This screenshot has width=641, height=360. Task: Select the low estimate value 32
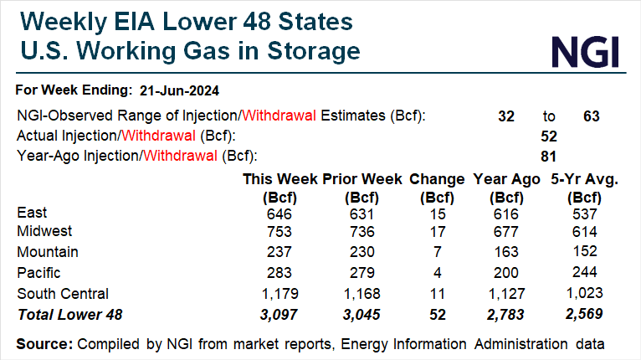pyautogui.click(x=506, y=117)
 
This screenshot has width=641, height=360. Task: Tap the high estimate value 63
pyautogui.click(x=592, y=117)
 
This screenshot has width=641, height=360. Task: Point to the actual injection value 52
pyautogui.click(x=550, y=136)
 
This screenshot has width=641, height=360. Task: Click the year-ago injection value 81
pyautogui.click(x=550, y=155)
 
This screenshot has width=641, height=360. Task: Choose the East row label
pyautogui.click(x=32, y=213)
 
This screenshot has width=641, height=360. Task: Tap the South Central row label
pyautogui.click(x=61, y=294)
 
